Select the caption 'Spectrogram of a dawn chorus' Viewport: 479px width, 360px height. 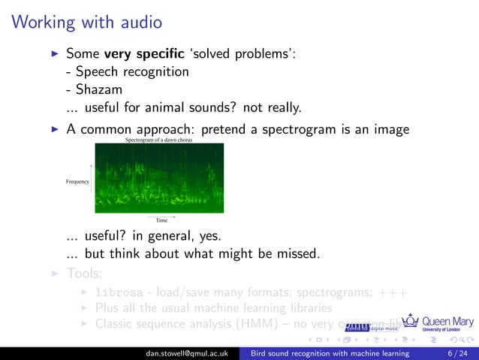[159, 140]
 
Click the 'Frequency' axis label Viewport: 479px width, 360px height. [77, 181]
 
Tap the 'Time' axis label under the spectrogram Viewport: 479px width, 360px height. [161, 220]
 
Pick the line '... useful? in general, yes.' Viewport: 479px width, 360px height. [143, 236]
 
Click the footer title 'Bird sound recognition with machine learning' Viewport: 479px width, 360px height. [330, 353]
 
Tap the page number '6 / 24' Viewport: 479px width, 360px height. [455, 353]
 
